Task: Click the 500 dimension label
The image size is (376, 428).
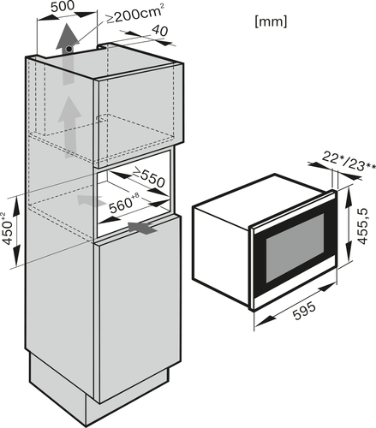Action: point(63,7)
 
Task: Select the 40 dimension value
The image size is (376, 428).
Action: point(159,31)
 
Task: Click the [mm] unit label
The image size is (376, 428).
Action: point(271,21)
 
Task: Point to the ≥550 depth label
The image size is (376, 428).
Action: point(149,177)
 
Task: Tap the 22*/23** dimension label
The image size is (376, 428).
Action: point(349,163)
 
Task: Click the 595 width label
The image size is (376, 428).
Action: point(305,311)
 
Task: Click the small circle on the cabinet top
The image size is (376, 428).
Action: point(69,50)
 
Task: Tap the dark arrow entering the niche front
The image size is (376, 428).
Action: point(143,228)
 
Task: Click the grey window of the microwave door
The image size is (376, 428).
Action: point(295,247)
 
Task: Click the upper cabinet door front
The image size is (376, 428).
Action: point(140,115)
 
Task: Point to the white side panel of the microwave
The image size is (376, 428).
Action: point(221,254)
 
